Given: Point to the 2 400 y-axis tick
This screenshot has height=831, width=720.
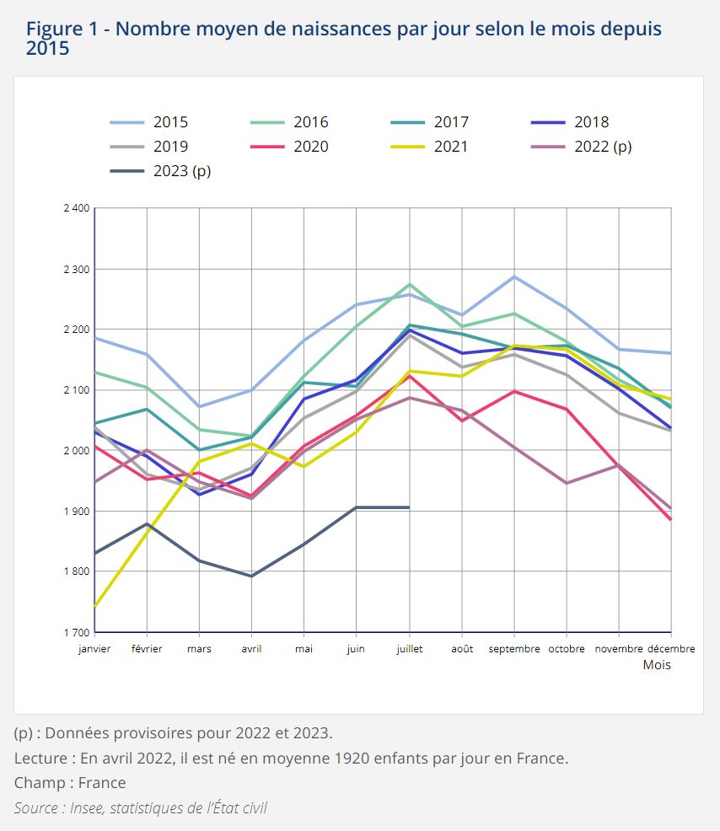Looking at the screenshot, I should pyautogui.click(x=76, y=208).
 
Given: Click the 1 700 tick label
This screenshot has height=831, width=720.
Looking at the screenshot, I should pyautogui.click(x=76, y=632).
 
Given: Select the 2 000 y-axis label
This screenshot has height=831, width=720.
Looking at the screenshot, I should pyautogui.click(x=76, y=451).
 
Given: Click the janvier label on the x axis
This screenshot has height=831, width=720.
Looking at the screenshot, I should pyautogui.click(x=94, y=649).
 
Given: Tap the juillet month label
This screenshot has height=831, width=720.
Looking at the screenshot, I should pyautogui.click(x=409, y=649).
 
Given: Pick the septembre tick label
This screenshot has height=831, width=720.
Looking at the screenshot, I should pyautogui.click(x=514, y=649).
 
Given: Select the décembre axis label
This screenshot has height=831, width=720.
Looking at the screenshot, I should pyautogui.click(x=671, y=649).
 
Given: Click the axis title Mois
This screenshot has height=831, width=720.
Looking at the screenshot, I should pyautogui.click(x=657, y=665).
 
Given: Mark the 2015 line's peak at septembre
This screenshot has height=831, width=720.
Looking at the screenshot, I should pyautogui.click(x=514, y=276).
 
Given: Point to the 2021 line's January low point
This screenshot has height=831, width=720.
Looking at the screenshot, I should pyautogui.click(x=95, y=605).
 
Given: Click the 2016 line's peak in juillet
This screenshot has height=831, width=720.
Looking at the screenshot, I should pyautogui.click(x=410, y=285).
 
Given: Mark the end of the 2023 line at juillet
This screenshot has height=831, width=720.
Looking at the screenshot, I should pyautogui.click(x=409, y=507).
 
